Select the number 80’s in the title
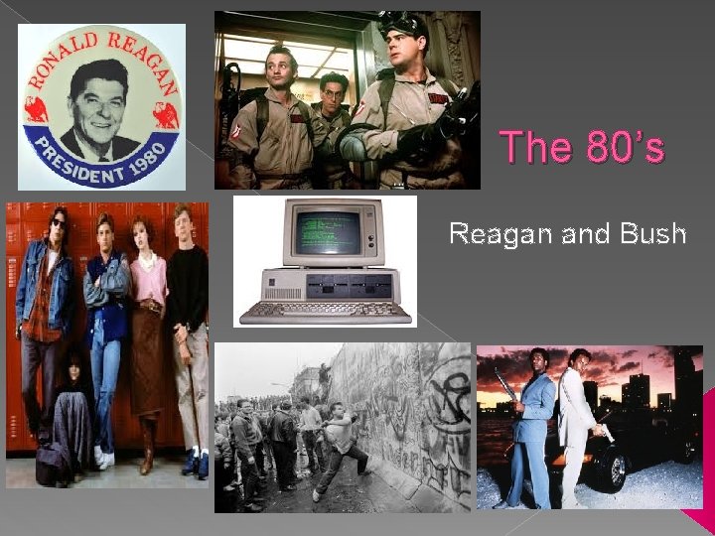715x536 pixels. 626,148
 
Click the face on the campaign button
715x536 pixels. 100,99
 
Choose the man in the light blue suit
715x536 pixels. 533,417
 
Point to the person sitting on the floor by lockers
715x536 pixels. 70,417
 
